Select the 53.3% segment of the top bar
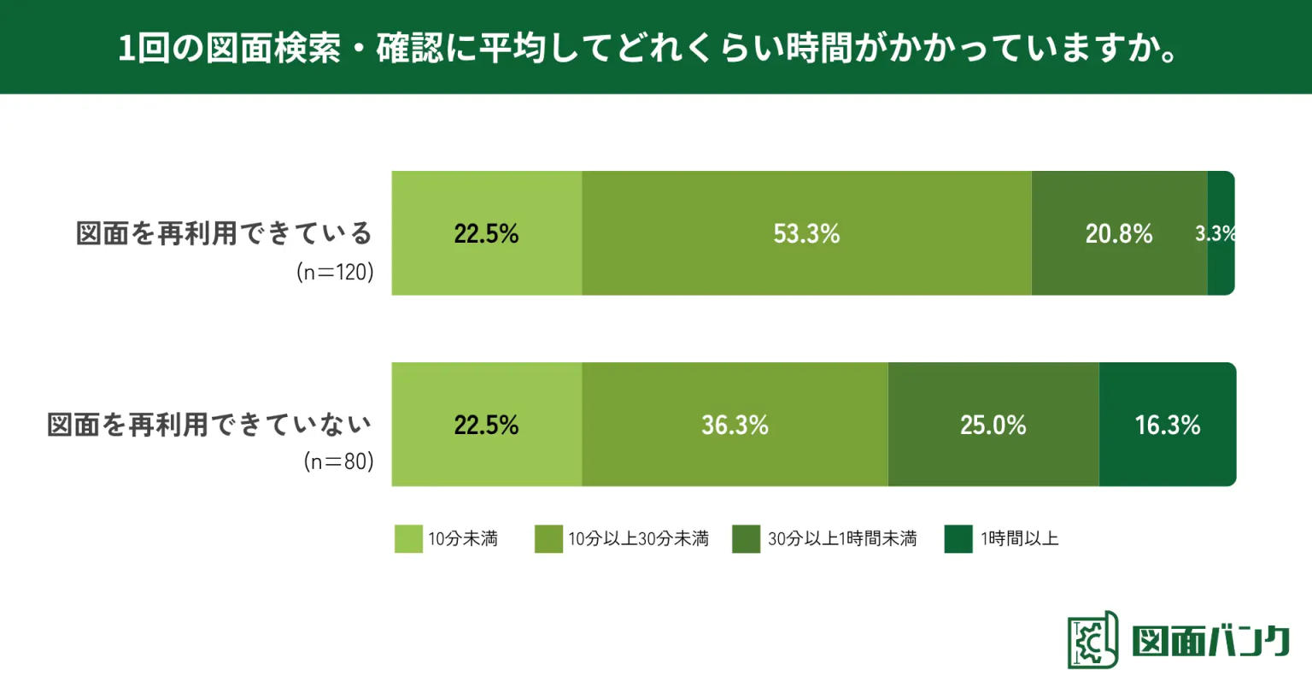[x=806, y=233]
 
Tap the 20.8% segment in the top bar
[x=1119, y=233]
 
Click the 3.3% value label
[x=1215, y=233]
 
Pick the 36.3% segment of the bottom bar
[x=735, y=425]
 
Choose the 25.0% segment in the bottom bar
[x=993, y=425]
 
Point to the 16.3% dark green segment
[x=1167, y=425]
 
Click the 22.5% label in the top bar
[x=486, y=233]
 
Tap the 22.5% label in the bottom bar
[x=486, y=425]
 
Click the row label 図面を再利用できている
[x=225, y=233]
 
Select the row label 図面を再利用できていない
[x=210, y=425]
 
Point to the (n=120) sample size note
[x=335, y=273]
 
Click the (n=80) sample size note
[x=339, y=461]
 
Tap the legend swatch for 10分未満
[x=408, y=539]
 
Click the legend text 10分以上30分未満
[x=638, y=539]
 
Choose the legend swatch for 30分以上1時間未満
[x=746, y=539]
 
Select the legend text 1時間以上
[x=1019, y=539]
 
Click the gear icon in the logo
[x=1090, y=640]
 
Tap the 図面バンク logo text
[x=1210, y=641]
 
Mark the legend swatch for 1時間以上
[x=958, y=539]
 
